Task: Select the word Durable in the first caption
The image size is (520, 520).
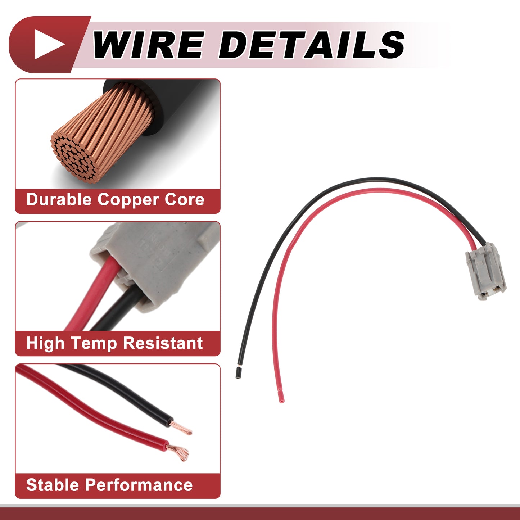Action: pos(59,200)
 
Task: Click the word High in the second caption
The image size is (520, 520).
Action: pos(45,344)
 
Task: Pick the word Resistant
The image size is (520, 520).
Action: pos(163,343)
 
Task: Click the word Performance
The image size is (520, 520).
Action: pos(139,485)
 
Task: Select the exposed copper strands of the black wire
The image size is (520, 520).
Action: pos(182,428)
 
